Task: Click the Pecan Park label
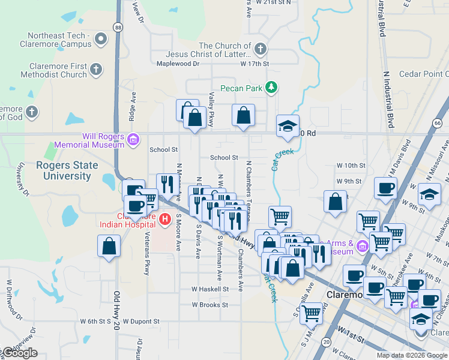pyautogui.click(x=241, y=88)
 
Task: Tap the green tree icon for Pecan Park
pyautogui.click(x=271, y=88)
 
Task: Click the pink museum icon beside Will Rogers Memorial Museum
pyautogui.click(x=133, y=140)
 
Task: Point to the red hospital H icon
pyautogui.click(x=166, y=220)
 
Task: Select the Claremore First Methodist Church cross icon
pyautogui.click(x=95, y=71)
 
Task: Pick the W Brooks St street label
pyautogui.click(x=210, y=305)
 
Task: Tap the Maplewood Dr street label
pyautogui.click(x=178, y=63)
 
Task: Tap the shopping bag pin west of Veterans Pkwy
pyautogui.click(x=109, y=246)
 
